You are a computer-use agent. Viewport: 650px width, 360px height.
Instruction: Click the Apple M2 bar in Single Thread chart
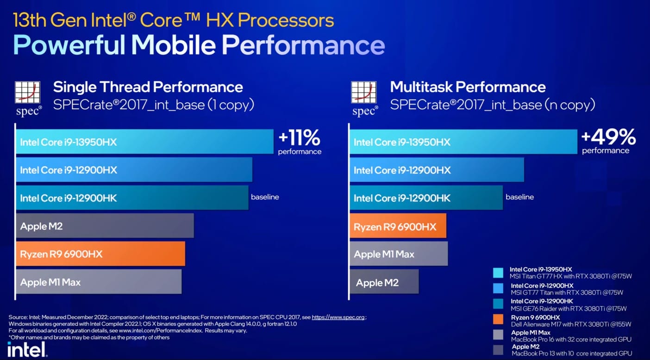pos(105,226)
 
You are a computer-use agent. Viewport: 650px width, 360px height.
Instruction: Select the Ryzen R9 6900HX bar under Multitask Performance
pos(398,226)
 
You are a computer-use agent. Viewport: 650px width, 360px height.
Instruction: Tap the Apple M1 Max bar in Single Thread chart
pos(98,282)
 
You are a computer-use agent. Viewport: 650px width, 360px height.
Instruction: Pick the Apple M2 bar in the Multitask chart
pos(384,282)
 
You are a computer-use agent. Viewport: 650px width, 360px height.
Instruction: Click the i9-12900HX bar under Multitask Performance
pos(437,170)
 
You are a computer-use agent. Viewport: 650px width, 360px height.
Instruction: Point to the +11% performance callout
pos(299,142)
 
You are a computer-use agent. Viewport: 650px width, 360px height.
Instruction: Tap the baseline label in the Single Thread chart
pos(265,197)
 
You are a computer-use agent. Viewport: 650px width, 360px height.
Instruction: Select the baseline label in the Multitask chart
pos(519,197)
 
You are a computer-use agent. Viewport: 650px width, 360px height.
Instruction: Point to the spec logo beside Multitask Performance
pos(364,99)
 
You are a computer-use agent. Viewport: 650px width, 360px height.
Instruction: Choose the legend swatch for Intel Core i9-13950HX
pos(498,273)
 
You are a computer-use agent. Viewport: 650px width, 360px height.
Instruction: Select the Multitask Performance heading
pos(468,87)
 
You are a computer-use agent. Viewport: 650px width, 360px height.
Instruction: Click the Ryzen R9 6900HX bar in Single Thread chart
pos(100,254)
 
